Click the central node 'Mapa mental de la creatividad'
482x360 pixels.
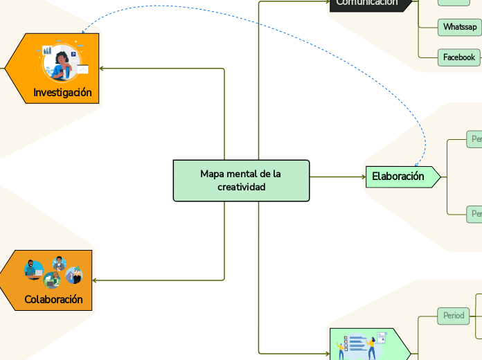pyautogui.click(x=241, y=181)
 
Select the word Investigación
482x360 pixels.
pyautogui.click(x=62, y=92)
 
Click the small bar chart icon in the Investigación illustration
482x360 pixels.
pyautogui.click(x=47, y=51)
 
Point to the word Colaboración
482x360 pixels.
pyautogui.click(x=53, y=299)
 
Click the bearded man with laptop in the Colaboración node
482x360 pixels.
pyautogui.click(x=33, y=269)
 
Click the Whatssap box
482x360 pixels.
pyautogui.click(x=460, y=27)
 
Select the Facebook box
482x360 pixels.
pyautogui.click(x=458, y=57)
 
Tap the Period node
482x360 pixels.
pyautogui.click(x=454, y=316)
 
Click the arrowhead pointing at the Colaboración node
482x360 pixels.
pyautogui.click(x=95, y=280)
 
